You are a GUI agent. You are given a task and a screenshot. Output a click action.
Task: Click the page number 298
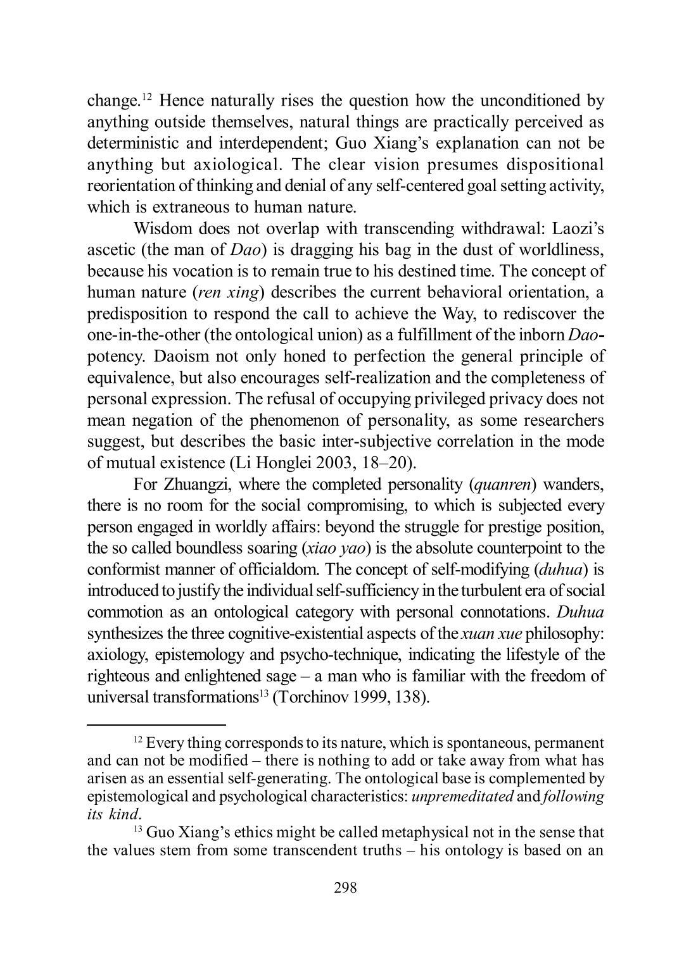pyautogui.click(x=345, y=888)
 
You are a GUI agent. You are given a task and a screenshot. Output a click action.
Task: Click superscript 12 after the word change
pyautogui.click(x=146, y=97)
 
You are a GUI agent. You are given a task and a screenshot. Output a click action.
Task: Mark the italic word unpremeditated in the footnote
pyautogui.click(x=462, y=797)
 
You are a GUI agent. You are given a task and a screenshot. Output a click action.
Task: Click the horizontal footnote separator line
pyautogui.click(x=156, y=725)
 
